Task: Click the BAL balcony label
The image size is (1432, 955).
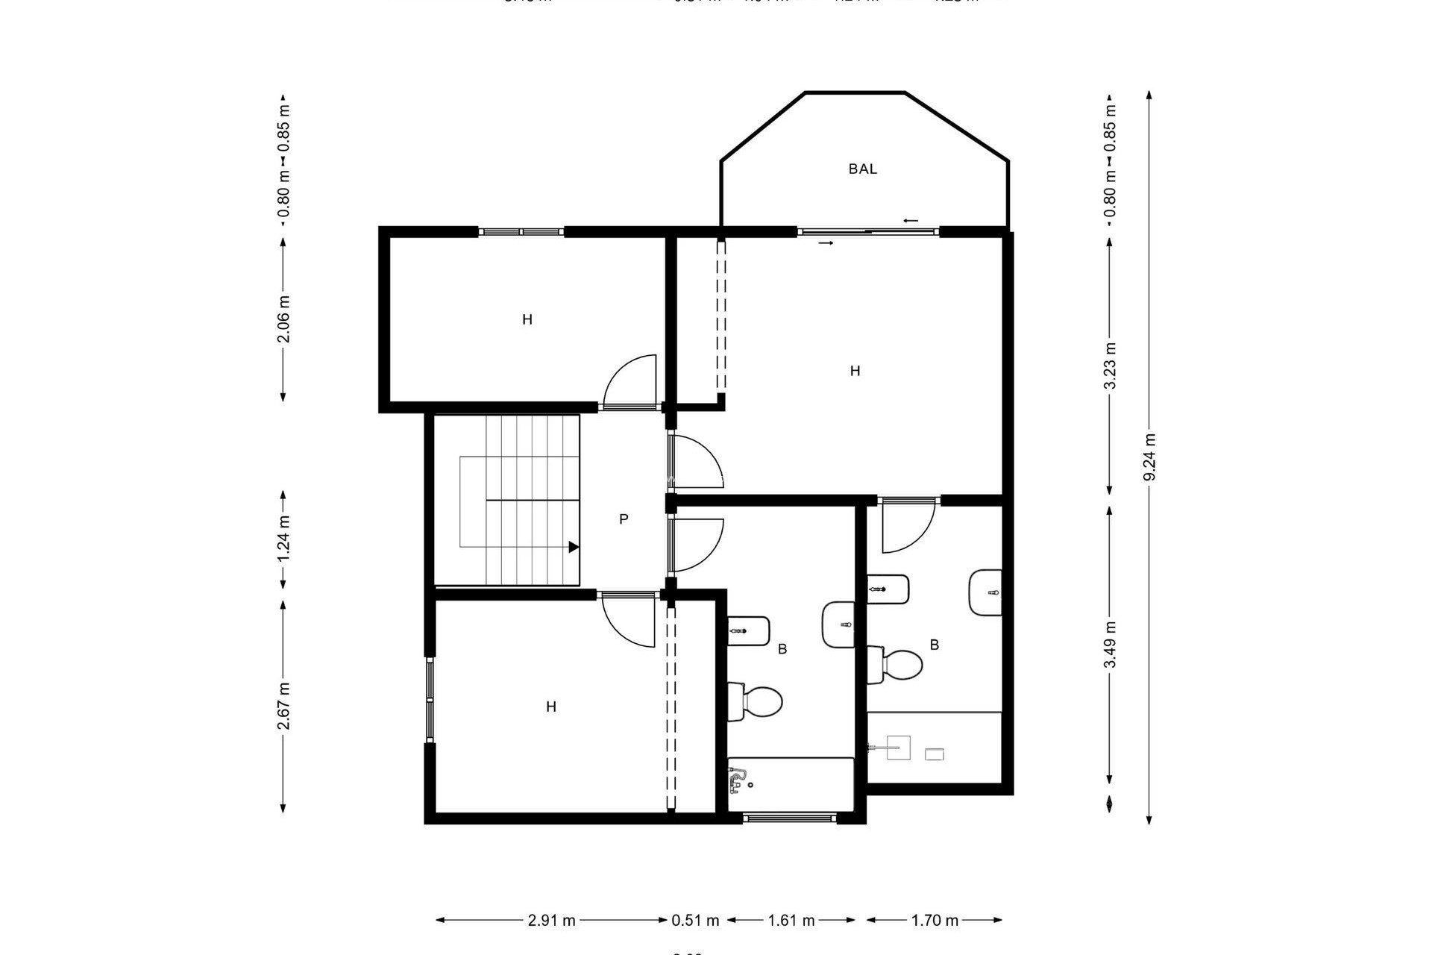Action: [862, 169]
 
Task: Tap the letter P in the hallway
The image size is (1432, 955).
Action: [624, 519]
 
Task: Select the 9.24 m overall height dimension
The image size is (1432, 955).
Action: [1149, 457]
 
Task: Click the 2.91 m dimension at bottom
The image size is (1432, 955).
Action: [551, 920]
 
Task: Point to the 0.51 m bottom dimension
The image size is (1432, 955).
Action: [695, 920]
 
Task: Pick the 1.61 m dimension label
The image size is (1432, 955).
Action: [791, 920]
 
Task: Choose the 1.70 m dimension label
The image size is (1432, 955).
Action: [934, 920]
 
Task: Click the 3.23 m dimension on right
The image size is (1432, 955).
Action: [1110, 366]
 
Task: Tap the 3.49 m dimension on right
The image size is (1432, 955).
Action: [1110, 645]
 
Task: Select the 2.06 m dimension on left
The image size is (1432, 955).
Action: [283, 319]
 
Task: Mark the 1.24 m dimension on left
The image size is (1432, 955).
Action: [283, 539]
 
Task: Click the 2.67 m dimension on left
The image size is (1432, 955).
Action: [283, 706]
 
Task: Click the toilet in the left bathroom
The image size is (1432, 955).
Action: [756, 701]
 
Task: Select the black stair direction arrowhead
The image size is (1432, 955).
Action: [573, 547]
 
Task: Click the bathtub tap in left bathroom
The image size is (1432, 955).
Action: [738, 782]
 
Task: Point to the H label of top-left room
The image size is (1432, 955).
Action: [527, 320]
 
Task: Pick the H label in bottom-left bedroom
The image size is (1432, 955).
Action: [550, 707]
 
